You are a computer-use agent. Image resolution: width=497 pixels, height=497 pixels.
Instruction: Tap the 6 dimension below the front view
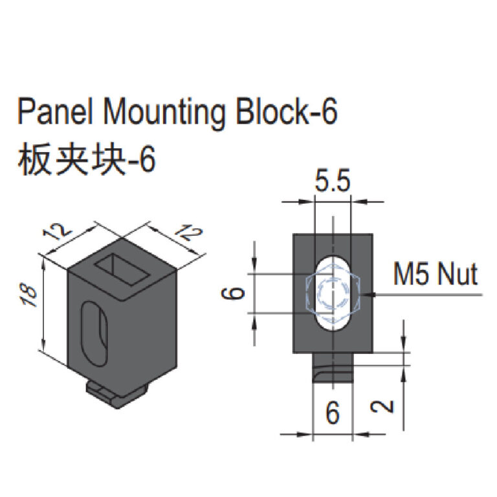click(332, 412)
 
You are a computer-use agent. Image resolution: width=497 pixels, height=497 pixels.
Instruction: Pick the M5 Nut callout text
click(436, 276)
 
